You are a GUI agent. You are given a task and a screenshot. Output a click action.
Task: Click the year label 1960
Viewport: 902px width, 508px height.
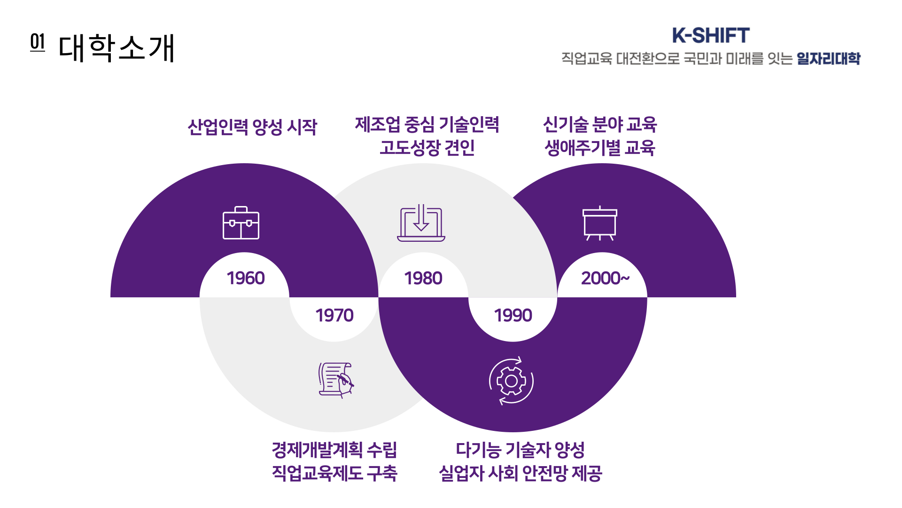(x=246, y=278)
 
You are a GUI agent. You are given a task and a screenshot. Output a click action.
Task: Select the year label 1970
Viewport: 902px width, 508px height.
(x=334, y=315)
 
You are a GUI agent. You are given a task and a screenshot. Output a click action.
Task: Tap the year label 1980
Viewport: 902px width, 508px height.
(x=423, y=278)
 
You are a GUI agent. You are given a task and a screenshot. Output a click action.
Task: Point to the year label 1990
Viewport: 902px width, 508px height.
(x=513, y=315)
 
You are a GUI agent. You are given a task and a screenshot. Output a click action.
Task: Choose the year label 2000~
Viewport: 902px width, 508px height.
(x=605, y=278)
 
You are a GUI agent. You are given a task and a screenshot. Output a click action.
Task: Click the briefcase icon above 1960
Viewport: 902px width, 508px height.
(x=241, y=223)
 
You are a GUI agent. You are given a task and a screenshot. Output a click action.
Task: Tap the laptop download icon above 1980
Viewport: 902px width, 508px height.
(x=421, y=223)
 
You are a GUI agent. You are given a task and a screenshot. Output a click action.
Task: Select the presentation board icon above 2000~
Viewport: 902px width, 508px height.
(x=600, y=223)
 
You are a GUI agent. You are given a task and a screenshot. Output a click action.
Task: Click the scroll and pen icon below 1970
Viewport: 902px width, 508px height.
(x=335, y=380)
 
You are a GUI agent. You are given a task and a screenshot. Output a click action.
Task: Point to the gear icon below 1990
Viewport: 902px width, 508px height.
(x=511, y=381)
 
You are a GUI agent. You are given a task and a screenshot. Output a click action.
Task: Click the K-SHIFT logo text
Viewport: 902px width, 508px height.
(x=711, y=35)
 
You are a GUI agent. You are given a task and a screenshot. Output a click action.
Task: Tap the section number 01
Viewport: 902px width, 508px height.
(x=38, y=42)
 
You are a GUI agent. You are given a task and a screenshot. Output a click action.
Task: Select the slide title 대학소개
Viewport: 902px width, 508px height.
(x=117, y=48)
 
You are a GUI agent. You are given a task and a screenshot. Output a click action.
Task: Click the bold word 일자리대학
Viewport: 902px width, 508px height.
(x=828, y=58)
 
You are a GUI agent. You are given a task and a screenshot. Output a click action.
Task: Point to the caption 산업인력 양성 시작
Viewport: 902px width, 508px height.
(x=252, y=127)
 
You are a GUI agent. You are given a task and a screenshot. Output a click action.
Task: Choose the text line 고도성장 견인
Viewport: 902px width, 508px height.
(x=427, y=148)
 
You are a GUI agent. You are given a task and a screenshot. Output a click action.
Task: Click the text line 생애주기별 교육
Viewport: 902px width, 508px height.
(x=600, y=148)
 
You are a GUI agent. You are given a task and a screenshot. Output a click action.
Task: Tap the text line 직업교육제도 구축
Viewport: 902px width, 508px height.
(x=334, y=473)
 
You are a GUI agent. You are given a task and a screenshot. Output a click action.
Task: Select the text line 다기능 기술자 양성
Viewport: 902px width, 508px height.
(x=521, y=450)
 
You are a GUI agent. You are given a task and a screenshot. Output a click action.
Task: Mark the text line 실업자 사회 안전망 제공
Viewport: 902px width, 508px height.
(x=521, y=473)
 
